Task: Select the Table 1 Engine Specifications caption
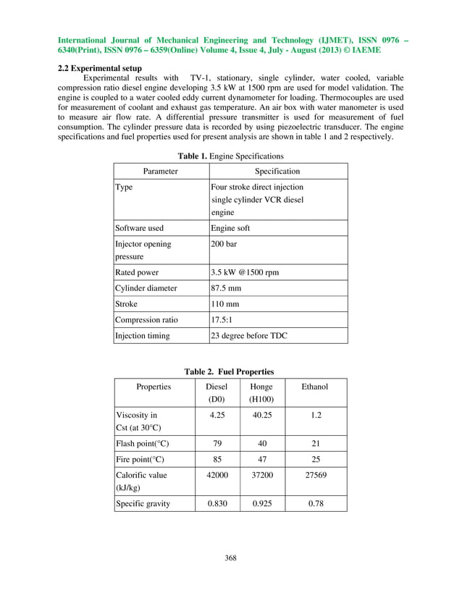[x=230, y=156]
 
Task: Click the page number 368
[x=230, y=557]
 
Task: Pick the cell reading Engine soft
[x=230, y=227]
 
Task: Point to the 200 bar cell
[x=224, y=244]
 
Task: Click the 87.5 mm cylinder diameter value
[x=226, y=288]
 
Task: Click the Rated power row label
[x=137, y=272]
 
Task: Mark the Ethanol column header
[x=314, y=387]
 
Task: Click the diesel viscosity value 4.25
[x=217, y=416]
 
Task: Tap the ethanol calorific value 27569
[x=314, y=475]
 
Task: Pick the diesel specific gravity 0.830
[x=217, y=503]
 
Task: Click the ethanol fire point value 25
[x=314, y=459]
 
